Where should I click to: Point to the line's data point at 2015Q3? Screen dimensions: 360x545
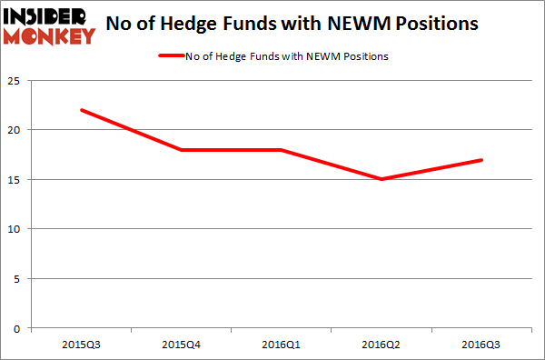pyautogui.click(x=81, y=110)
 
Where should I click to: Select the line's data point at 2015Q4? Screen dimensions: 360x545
pyautogui.click(x=183, y=150)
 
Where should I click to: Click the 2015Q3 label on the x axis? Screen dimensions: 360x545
pyautogui.click(x=81, y=345)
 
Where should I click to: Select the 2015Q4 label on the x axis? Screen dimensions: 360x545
pyautogui.click(x=183, y=345)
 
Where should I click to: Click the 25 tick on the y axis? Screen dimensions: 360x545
pyautogui.click(x=17, y=81)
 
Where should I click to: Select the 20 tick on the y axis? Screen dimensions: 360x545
pyautogui.click(x=17, y=130)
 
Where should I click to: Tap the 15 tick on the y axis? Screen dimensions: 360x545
pyautogui.click(x=17, y=179)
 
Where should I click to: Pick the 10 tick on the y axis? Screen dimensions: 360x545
pyautogui.click(x=17, y=229)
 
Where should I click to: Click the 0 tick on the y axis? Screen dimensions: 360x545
pyautogui.click(x=20, y=327)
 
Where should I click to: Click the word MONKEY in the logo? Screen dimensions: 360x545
pyautogui.click(x=51, y=37)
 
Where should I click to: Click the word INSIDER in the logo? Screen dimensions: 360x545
pyautogui.click(x=51, y=16)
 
